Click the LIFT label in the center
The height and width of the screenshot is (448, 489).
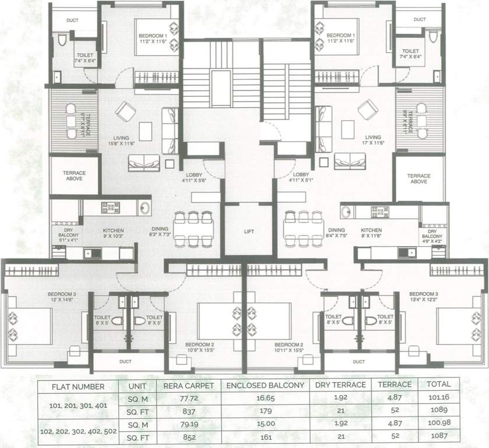248,232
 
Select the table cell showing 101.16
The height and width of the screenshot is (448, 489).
438,398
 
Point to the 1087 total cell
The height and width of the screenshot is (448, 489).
438,436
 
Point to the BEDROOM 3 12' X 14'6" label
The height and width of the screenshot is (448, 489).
62,296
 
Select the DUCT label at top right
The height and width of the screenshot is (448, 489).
419,19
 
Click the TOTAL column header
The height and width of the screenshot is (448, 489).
438,385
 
